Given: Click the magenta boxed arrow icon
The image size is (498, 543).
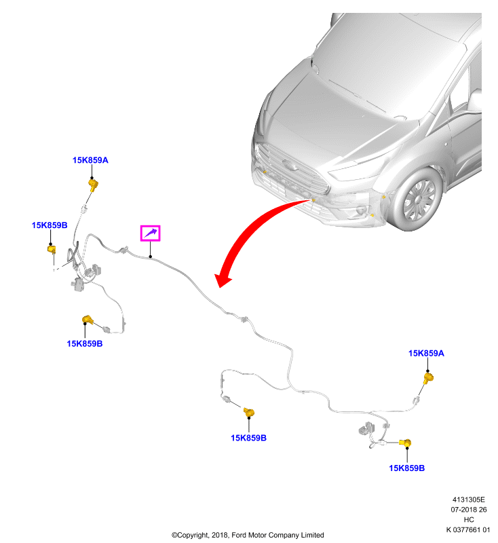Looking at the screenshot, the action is [150, 233].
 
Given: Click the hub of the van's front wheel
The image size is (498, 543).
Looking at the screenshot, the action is [419, 200].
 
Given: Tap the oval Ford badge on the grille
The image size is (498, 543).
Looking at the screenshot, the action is [290, 165].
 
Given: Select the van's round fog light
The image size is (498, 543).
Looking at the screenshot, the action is [362, 210].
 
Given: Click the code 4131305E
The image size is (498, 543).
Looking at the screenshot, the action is [469, 500].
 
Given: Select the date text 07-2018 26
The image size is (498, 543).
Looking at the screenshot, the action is [469, 510].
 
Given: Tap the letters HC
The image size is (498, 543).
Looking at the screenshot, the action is [469, 519].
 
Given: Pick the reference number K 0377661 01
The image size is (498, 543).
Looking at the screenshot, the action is [468, 529].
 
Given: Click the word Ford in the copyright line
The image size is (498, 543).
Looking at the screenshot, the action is [238, 535].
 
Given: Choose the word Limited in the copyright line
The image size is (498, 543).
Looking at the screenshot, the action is [312, 535].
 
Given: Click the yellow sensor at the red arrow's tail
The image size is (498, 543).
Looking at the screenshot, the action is [313, 200].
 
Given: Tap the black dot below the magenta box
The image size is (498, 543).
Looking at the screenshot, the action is [150, 257].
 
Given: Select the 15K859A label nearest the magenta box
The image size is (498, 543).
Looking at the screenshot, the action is [90, 160].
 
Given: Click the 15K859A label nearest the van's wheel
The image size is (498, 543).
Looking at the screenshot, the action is [426, 353].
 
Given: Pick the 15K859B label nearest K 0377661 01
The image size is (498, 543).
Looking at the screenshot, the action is [406, 468].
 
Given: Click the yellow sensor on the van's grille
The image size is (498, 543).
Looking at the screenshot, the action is [265, 172].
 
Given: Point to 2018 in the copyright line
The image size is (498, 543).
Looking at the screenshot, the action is [219, 535].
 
